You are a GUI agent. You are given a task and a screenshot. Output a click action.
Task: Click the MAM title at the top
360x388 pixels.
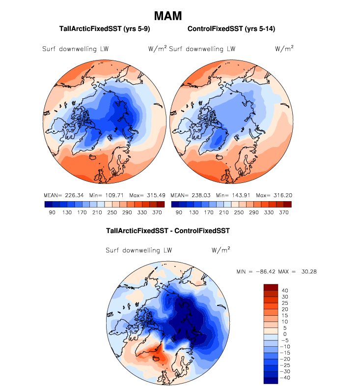[x=168, y=16]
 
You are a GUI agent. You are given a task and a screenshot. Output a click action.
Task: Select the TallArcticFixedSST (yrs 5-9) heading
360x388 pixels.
[x=104, y=29]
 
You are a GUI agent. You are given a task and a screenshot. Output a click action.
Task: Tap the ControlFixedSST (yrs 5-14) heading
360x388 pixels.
[x=231, y=29]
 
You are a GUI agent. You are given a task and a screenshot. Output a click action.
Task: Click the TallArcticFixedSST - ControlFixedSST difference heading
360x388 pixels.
[x=168, y=230]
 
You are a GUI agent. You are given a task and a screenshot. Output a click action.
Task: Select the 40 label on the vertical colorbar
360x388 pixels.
[x=285, y=291]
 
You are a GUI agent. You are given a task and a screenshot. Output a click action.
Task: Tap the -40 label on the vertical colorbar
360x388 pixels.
[x=286, y=378]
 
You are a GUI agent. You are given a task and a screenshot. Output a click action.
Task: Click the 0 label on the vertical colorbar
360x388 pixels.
[x=284, y=334]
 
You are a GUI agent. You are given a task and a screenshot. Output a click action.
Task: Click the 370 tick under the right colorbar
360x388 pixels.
[x=284, y=212]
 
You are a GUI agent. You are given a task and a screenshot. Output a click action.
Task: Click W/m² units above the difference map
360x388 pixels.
[x=221, y=250]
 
